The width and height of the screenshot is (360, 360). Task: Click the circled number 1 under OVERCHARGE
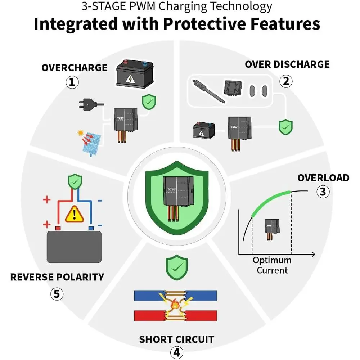coord(72,82)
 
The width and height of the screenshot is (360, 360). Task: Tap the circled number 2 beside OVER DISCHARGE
coord(286,81)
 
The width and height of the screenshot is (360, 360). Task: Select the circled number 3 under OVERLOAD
coord(323,192)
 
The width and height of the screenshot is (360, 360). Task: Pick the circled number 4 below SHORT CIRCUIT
coord(176,352)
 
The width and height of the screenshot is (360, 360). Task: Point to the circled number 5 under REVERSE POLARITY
coord(57,294)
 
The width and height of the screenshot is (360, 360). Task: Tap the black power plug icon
coord(91,104)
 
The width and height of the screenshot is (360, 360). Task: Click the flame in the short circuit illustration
coord(175,305)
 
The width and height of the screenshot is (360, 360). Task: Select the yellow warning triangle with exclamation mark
coord(75,214)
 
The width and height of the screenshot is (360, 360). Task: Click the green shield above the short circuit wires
coord(176,267)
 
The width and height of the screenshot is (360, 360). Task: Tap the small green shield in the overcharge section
coord(149,102)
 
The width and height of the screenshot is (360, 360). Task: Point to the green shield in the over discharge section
coord(285,127)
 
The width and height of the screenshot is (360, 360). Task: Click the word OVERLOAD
coord(323,178)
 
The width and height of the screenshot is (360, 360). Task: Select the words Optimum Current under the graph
coord(272,265)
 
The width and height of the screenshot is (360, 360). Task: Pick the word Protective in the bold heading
coord(204,24)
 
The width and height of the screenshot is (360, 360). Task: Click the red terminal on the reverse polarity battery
coord(58,228)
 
